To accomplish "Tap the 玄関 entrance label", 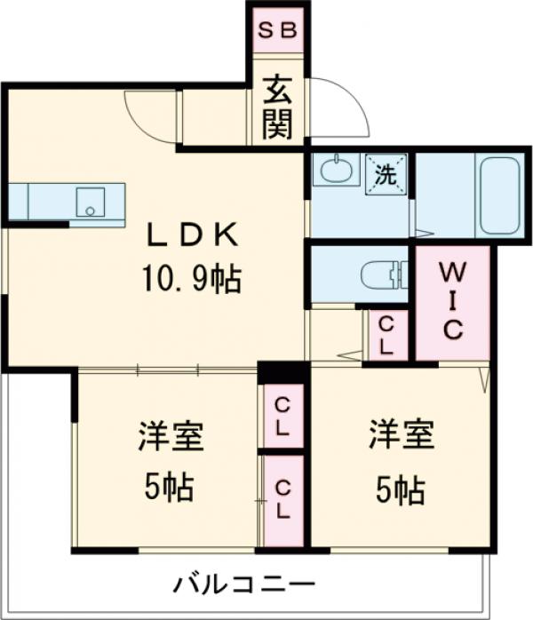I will (x=277, y=109).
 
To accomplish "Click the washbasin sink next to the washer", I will (x=336, y=169).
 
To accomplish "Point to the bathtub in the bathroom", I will (x=498, y=195).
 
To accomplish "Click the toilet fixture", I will (x=383, y=275).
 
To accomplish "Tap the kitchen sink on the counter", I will (x=90, y=201).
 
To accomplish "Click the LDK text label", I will (x=193, y=235).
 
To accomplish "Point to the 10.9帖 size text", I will (x=193, y=280).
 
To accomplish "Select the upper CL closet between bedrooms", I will (x=282, y=416).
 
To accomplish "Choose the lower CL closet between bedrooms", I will (x=282, y=499).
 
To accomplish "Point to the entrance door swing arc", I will (x=342, y=107).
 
